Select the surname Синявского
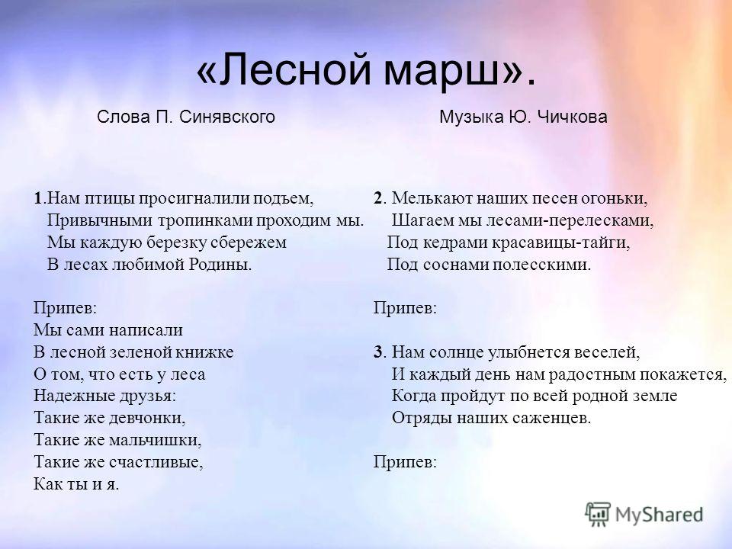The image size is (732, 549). pyautogui.click(x=227, y=117)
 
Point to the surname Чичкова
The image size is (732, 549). pyautogui.click(x=573, y=117)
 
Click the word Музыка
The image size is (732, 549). pyautogui.click(x=471, y=117)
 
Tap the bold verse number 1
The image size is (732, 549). pyautogui.click(x=37, y=198)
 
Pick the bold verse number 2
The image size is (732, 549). pyautogui.click(x=377, y=198)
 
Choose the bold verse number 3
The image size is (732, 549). pyautogui.click(x=377, y=352)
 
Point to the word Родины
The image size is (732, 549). pyautogui.click(x=220, y=265)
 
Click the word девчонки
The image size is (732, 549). pyautogui.click(x=147, y=418)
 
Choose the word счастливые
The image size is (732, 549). pyautogui.click(x=156, y=462)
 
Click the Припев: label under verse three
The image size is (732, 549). pyautogui.click(x=405, y=462)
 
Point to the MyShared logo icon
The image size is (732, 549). pyautogui.click(x=598, y=515)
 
